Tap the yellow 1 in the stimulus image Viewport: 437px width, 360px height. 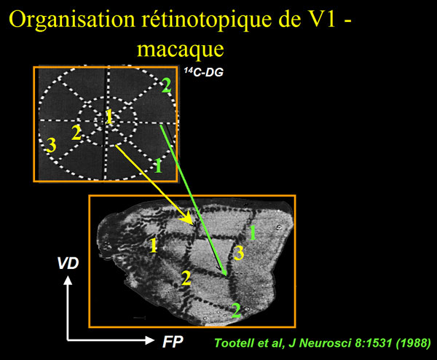[x=109, y=116]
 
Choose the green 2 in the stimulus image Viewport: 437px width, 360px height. [x=166, y=85]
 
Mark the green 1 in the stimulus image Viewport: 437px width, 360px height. [x=158, y=165]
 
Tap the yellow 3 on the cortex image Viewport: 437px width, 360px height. [x=238, y=253]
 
